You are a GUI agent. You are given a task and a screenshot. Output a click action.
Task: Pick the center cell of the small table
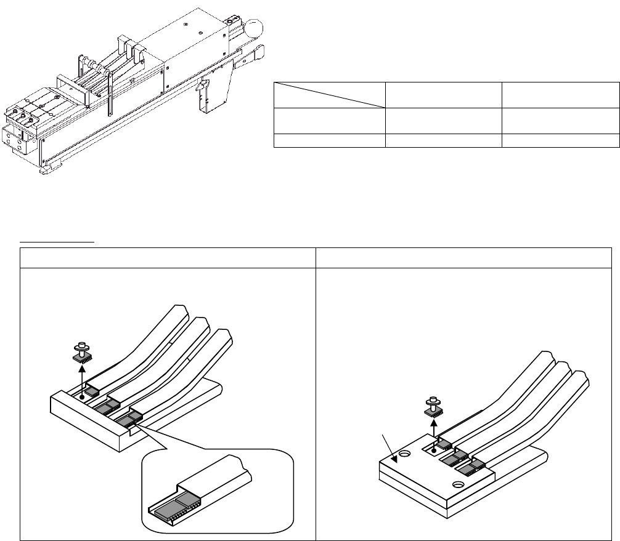(x=444, y=119)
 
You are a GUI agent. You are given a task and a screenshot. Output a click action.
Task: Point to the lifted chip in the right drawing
(x=434, y=406)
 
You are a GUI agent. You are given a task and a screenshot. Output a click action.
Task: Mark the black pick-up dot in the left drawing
(x=82, y=397)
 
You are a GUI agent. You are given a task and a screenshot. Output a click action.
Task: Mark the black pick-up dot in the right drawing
(x=434, y=449)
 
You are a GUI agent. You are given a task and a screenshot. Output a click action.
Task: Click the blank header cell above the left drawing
(x=167, y=258)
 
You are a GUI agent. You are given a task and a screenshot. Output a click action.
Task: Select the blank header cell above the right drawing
(x=464, y=258)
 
